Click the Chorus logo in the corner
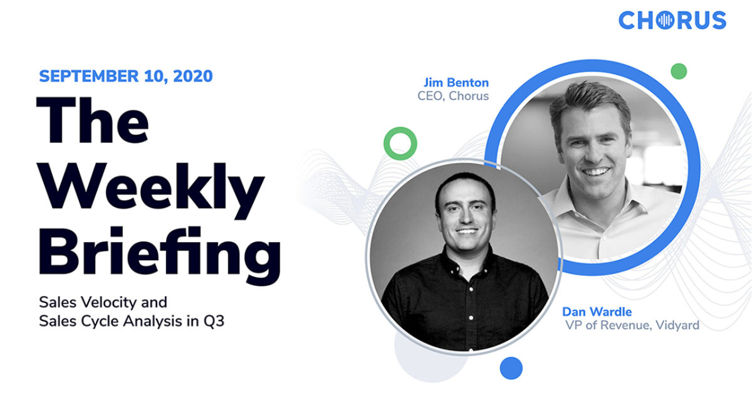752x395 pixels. click(x=672, y=20)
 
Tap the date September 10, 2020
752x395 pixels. click(x=125, y=76)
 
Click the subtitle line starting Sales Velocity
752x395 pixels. click(x=103, y=302)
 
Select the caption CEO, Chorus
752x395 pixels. click(x=453, y=96)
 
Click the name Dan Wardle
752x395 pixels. click(x=597, y=311)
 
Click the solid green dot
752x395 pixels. click(x=678, y=71)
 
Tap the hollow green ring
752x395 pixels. click(x=400, y=144)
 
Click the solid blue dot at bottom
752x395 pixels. click(x=511, y=367)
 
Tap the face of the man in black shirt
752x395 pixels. click(x=464, y=213)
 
